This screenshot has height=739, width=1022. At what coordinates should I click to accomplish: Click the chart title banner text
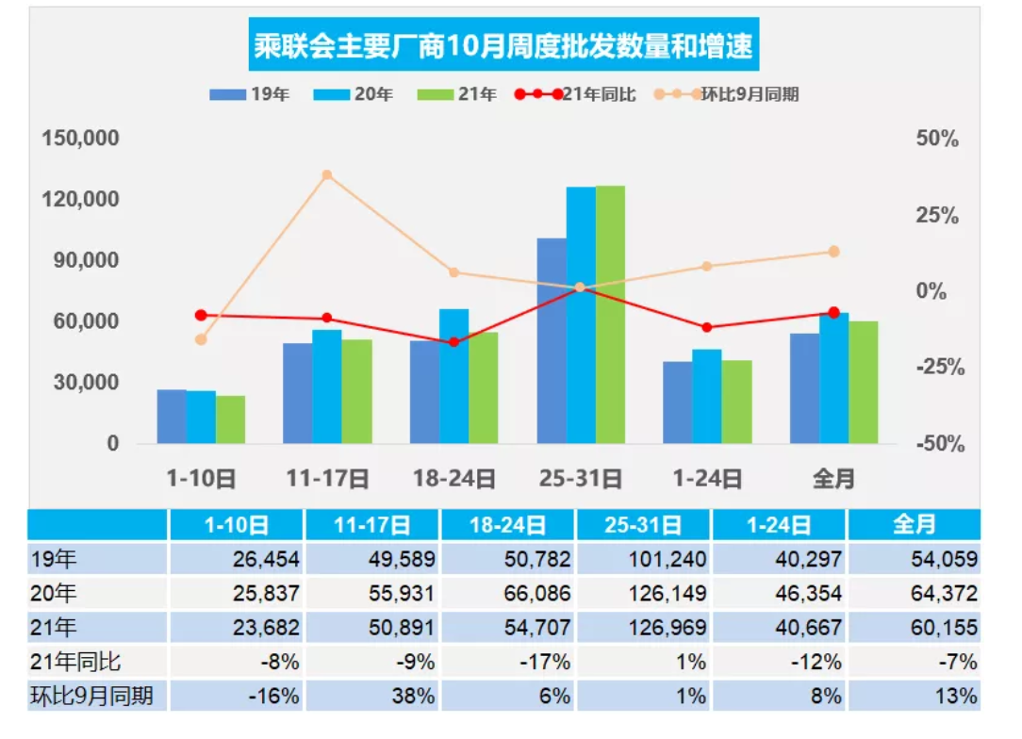[x=504, y=45]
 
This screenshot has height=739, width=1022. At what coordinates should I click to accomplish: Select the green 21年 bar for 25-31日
[x=610, y=315]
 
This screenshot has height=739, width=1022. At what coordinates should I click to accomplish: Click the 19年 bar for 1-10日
[x=172, y=416]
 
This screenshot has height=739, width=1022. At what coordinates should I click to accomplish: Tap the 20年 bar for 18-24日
[x=453, y=376]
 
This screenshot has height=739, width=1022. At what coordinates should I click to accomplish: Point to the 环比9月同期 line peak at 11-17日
[x=327, y=175]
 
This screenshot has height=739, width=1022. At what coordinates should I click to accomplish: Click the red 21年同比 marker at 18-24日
[x=453, y=341]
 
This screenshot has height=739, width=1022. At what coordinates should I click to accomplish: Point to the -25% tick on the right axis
[x=940, y=368]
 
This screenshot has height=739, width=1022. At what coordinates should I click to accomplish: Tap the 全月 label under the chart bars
[x=833, y=479]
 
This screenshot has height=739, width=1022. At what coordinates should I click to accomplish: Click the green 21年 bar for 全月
[x=863, y=382]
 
